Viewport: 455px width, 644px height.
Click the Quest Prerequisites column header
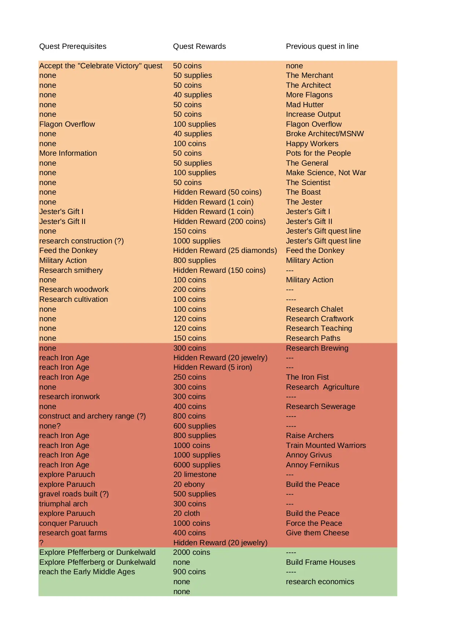[73, 46]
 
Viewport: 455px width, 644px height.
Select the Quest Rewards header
[199, 46]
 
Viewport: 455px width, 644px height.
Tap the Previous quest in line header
[322, 46]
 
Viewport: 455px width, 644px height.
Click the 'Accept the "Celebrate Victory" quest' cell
[100, 66]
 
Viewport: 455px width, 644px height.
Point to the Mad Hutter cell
[305, 105]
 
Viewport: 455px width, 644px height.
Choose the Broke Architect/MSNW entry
[325, 134]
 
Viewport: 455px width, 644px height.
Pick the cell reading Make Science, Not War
[326, 173]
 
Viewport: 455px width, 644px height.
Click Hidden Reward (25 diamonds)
[225, 250]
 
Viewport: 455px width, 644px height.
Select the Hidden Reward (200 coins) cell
[219, 221]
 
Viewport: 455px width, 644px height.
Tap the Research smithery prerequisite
[71, 270]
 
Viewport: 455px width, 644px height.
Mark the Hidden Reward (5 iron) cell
[213, 367]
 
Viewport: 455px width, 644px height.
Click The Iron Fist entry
[307, 377]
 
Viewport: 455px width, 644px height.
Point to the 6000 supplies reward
[197, 465]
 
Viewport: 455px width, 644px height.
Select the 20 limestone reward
[195, 474]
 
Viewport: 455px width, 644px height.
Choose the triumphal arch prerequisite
[63, 504]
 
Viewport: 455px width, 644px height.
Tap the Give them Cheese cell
[318, 533]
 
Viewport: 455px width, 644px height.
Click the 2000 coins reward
[191, 552]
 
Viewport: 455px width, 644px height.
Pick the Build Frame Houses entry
[320, 562]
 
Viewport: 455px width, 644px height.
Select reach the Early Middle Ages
[87, 572]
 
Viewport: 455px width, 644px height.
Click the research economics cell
[320, 582]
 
